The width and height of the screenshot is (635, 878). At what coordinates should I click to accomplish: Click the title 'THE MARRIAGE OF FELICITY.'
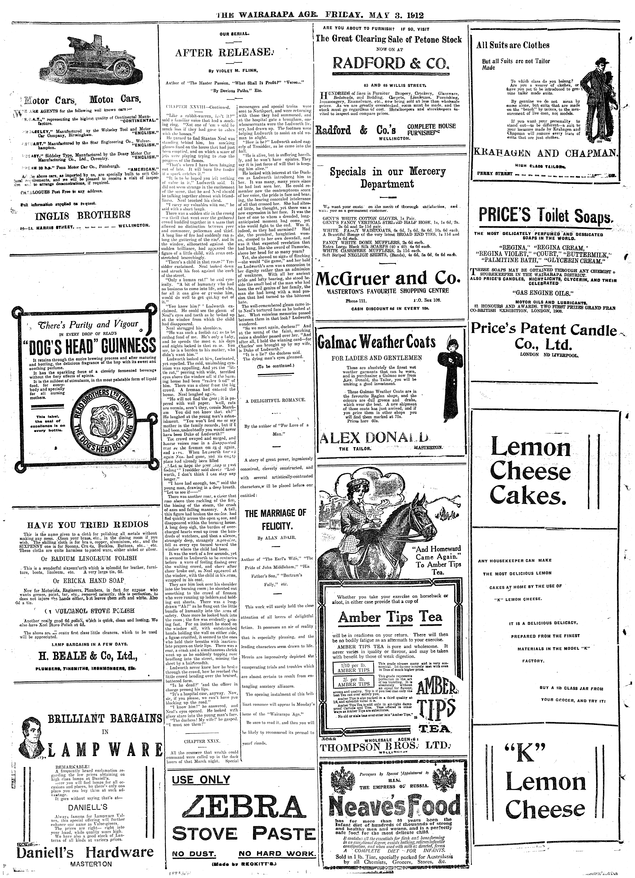pyautogui.click(x=275, y=520)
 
